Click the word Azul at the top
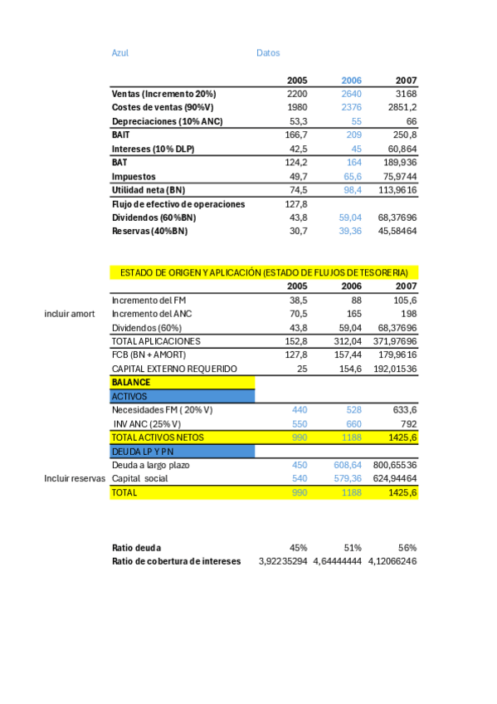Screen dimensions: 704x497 pyautogui.click(x=119, y=53)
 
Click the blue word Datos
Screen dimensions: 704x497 pyautogui.click(x=268, y=53)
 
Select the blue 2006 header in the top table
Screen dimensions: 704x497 pyautogui.click(x=352, y=81)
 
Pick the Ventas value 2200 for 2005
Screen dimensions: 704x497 pyautogui.click(x=297, y=94)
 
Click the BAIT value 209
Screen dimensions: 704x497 pyautogui.click(x=354, y=134)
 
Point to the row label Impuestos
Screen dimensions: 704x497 pyautogui.click(x=134, y=176)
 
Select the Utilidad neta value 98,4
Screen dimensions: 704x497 pyautogui.click(x=353, y=190)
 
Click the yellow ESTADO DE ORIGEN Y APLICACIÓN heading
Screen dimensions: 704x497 pyautogui.click(x=264, y=272)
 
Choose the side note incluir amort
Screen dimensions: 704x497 pyautogui.click(x=70, y=314)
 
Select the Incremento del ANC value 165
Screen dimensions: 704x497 pyautogui.click(x=354, y=314)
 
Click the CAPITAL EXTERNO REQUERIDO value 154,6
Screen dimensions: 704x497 pyautogui.click(x=348, y=369)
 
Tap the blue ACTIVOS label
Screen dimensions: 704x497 pyautogui.click(x=129, y=396)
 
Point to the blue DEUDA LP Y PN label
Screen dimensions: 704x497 pyautogui.click(x=143, y=451)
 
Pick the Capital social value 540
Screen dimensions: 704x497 pyautogui.click(x=300, y=479)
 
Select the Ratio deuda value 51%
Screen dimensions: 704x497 pyautogui.click(x=353, y=548)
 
